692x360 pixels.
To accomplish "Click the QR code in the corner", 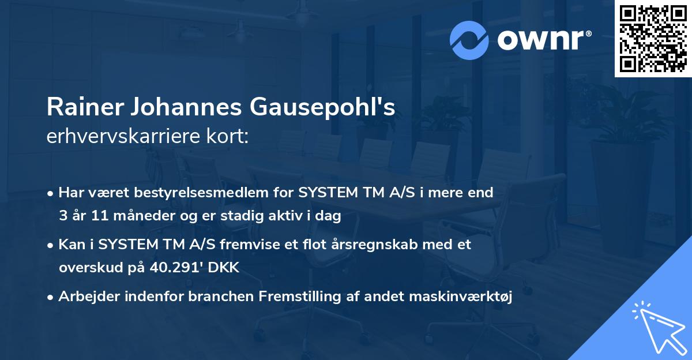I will [653, 38].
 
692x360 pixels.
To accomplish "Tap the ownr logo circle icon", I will [469, 40].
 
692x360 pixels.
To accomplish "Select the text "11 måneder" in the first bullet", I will [113, 216].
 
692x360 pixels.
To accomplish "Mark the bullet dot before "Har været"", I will [51, 193].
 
